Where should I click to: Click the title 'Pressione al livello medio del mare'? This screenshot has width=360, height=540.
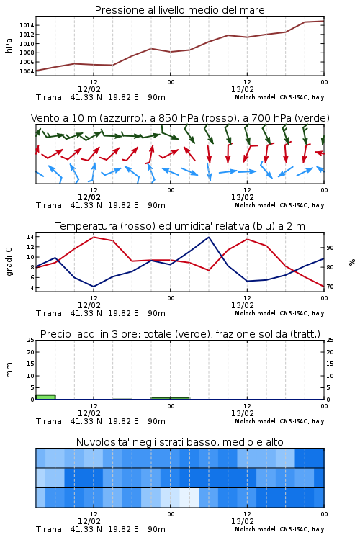179,10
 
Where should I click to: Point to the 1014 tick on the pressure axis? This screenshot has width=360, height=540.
27,25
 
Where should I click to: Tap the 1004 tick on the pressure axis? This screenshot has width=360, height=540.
27,71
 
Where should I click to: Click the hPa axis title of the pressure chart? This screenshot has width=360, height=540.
9,45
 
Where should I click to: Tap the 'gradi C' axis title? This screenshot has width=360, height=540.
9,261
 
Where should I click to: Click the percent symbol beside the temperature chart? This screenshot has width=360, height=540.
352,262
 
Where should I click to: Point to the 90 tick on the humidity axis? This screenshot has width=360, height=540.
330,248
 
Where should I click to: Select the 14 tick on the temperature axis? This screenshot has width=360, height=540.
30,237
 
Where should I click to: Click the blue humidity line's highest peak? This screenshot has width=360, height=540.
208,237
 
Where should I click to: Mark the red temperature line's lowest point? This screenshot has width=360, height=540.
323,286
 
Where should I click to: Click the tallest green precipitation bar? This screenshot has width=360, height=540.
45,397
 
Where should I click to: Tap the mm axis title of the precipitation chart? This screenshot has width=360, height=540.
9,370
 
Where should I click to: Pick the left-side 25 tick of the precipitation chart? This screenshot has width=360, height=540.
30,340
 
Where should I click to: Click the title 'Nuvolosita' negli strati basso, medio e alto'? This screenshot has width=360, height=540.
179,442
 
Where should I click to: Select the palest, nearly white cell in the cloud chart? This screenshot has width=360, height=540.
189,498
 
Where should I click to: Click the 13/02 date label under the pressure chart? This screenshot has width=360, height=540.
243,89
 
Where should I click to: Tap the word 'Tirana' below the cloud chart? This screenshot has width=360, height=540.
48,529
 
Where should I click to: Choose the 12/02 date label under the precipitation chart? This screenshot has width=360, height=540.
89,413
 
